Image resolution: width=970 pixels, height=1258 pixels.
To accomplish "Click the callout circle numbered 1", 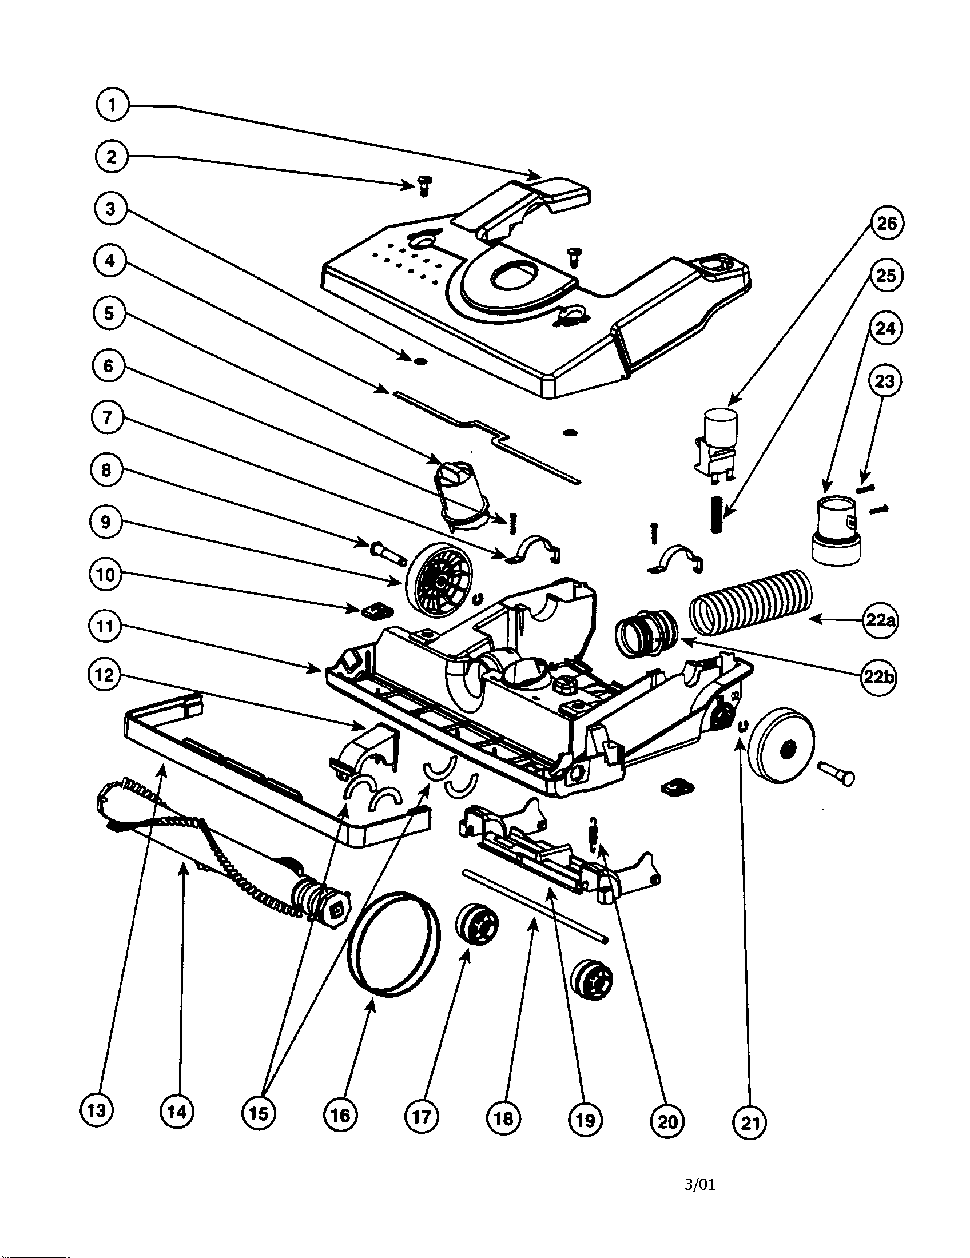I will tap(112, 105).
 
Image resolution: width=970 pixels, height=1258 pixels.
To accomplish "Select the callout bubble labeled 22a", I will tap(881, 621).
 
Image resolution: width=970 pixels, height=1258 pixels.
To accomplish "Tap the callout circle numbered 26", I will tap(886, 223).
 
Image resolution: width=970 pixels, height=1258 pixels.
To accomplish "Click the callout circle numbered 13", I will tap(96, 1110).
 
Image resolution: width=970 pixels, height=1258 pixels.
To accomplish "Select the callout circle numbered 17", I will tap(422, 1117).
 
